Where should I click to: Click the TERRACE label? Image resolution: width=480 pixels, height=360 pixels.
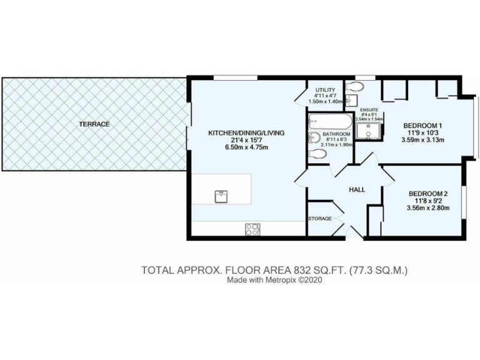tap(94, 124)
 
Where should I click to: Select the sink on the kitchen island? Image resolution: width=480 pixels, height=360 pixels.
tap(221, 197)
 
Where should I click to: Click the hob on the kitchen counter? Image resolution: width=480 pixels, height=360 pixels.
tap(253, 229)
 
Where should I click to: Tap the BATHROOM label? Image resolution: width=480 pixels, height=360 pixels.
tap(337, 134)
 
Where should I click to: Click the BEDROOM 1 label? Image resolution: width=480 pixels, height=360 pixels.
tap(422, 124)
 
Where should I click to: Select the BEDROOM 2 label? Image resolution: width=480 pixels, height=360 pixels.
tap(428, 193)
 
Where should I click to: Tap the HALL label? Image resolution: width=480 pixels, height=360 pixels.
tap(356, 190)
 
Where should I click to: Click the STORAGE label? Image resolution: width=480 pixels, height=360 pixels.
tap(319, 219)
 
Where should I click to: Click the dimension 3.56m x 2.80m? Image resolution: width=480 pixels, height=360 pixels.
tap(428, 208)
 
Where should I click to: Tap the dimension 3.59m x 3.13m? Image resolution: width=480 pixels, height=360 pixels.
tap(422, 140)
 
